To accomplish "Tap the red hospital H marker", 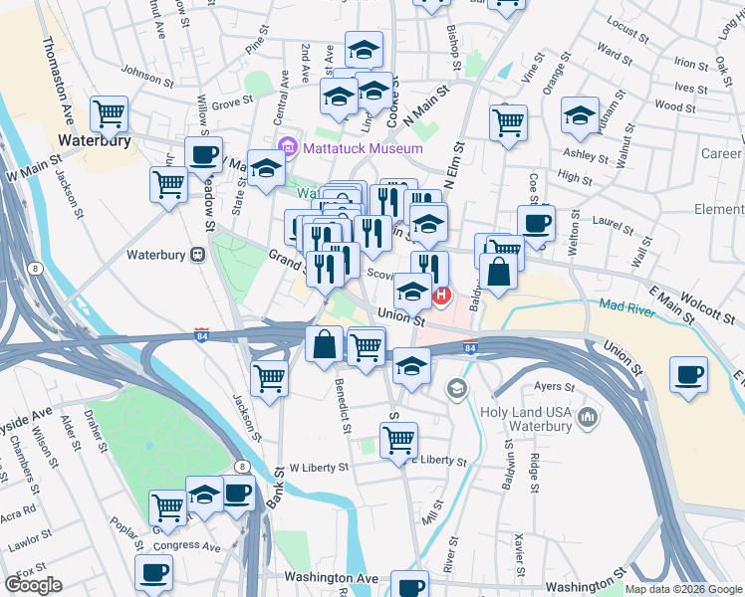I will (440, 296).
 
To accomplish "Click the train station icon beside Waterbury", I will (198, 255).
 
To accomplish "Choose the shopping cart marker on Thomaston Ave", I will (109, 112).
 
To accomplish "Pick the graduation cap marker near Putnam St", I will (580, 115).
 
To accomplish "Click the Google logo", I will (33, 585).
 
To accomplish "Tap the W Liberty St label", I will (319, 466).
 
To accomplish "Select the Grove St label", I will (230, 102).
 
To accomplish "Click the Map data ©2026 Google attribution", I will (683, 589).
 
